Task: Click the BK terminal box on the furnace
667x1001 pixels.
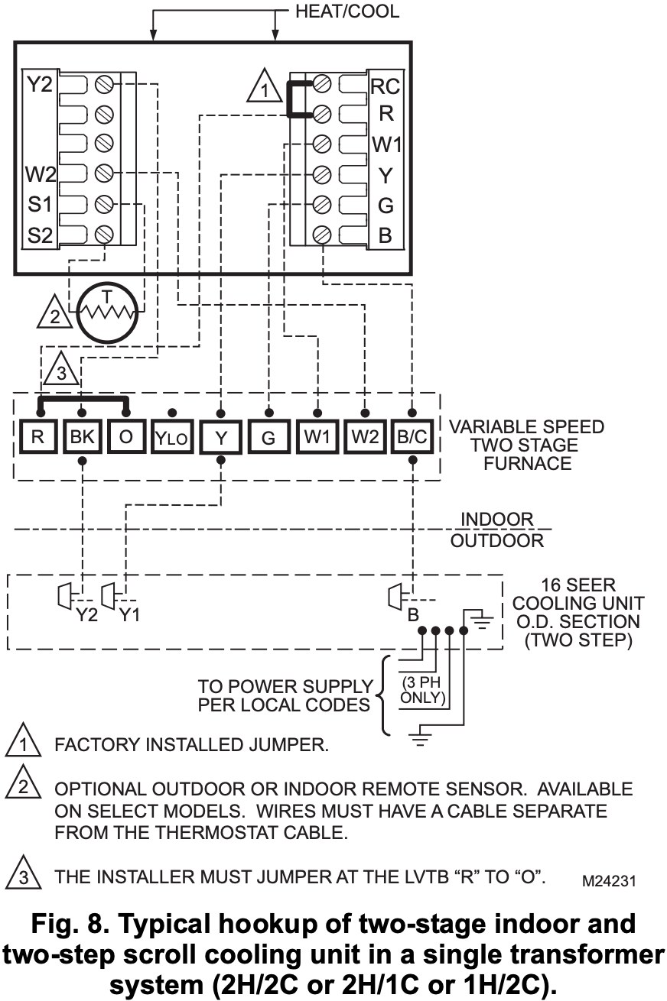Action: (81, 439)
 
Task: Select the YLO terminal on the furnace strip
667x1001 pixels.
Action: (173, 439)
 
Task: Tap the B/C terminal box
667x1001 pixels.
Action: (412, 439)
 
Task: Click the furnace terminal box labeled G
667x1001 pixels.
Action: (268, 439)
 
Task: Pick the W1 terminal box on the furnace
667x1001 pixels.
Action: (317, 439)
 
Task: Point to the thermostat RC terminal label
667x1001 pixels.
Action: (385, 86)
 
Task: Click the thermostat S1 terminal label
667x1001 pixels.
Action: (39, 205)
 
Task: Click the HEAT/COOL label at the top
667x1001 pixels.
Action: (347, 11)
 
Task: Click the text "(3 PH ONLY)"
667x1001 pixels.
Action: (424, 689)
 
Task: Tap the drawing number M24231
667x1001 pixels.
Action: (609, 881)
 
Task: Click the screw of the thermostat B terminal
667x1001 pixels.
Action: (322, 235)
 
